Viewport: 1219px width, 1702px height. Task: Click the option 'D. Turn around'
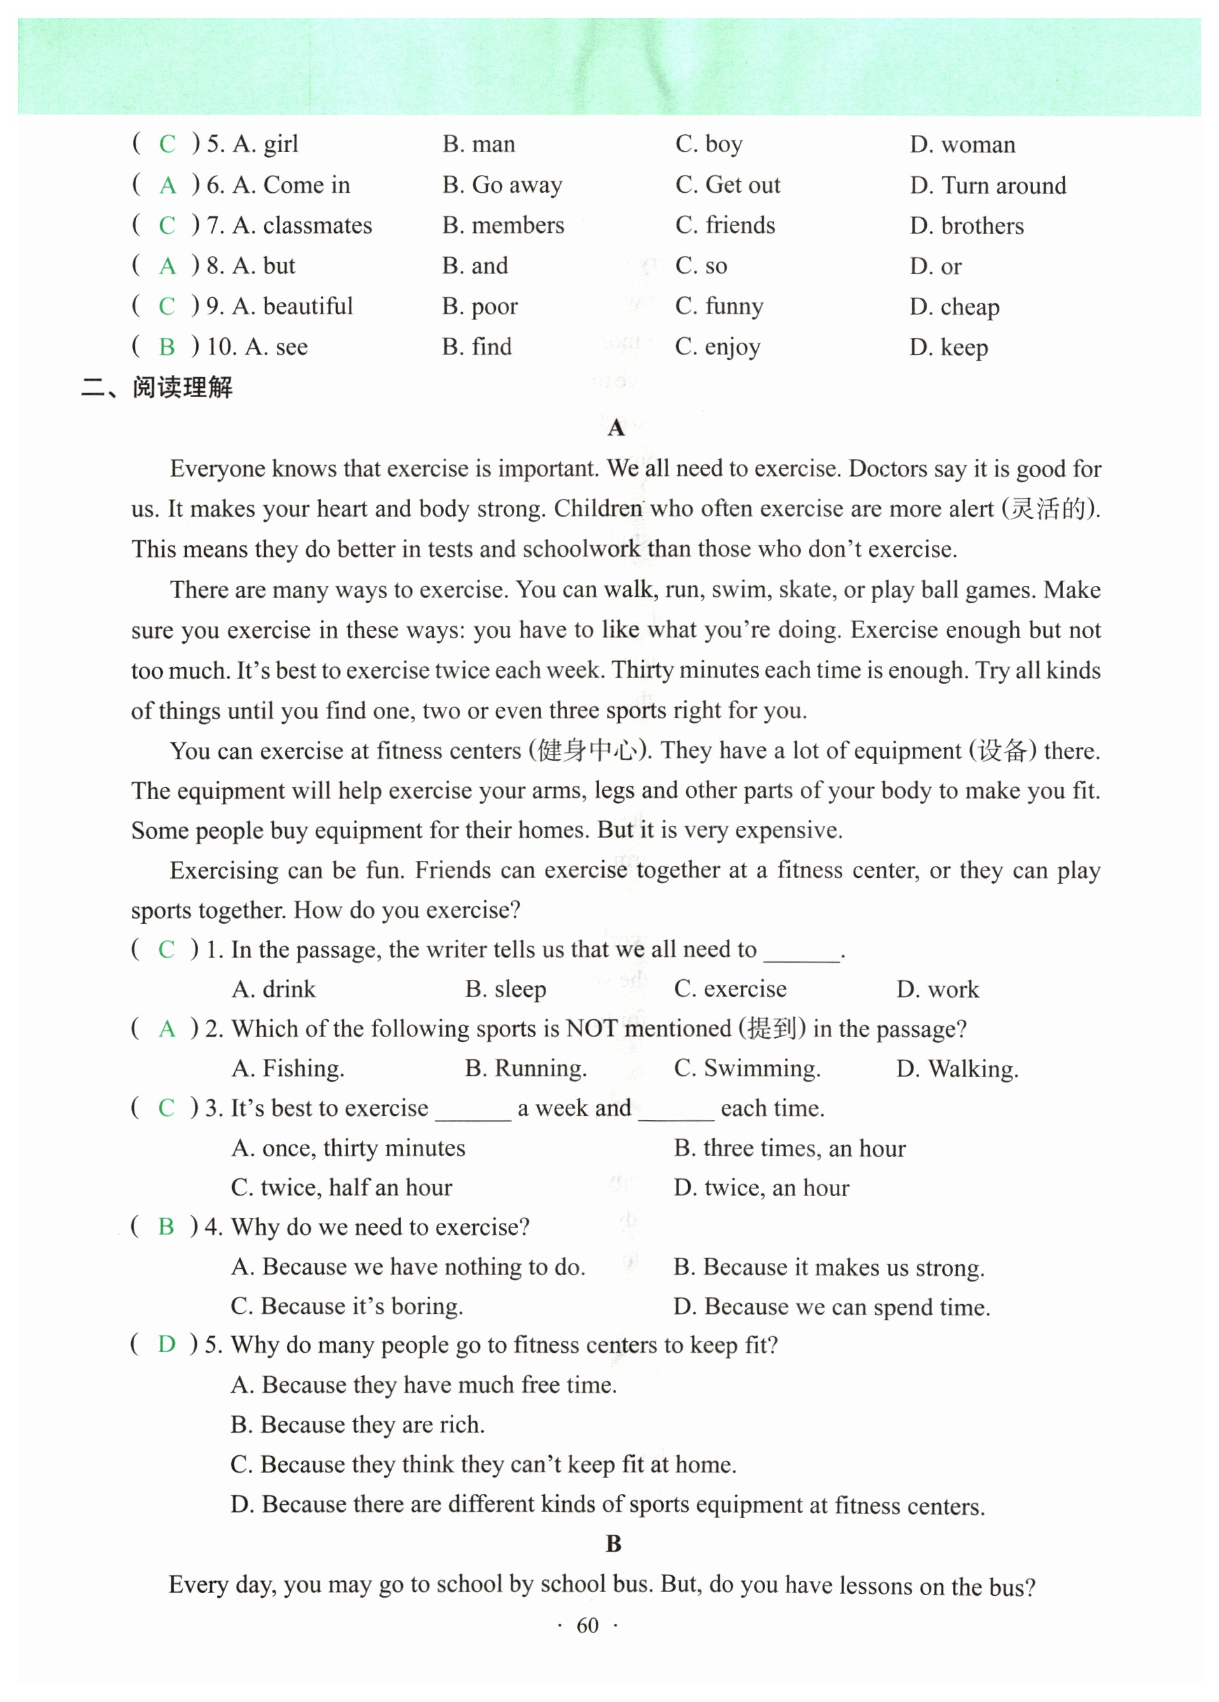click(987, 185)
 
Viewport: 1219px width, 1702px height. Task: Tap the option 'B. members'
click(503, 225)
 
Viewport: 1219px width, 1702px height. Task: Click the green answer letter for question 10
click(167, 347)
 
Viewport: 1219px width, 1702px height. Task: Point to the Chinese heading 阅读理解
click(183, 388)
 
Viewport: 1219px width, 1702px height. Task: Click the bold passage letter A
click(616, 428)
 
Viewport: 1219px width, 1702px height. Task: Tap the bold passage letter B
click(613, 1544)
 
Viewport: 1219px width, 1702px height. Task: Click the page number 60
click(587, 1626)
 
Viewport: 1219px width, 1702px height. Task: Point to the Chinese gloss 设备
click(1002, 750)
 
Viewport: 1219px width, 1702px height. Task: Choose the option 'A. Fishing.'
click(288, 1068)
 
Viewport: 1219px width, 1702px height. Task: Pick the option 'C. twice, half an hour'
click(342, 1187)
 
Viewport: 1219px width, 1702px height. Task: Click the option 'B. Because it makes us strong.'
click(829, 1267)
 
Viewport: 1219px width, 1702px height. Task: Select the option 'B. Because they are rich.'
click(357, 1425)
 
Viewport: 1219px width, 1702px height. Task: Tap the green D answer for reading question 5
click(167, 1344)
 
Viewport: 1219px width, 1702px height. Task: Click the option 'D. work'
click(938, 989)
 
